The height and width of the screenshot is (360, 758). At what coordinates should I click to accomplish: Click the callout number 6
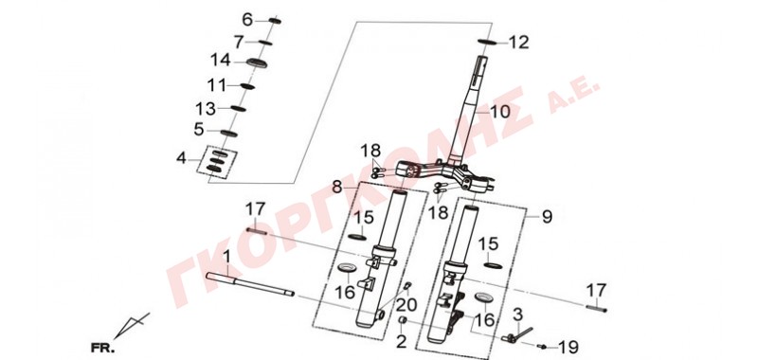[247, 20]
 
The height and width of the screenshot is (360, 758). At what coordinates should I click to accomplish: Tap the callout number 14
[221, 61]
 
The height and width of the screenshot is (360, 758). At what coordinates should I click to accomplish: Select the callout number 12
[519, 43]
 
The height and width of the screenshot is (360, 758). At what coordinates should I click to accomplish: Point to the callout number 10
[500, 112]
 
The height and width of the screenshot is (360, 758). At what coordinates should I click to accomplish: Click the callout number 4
[181, 158]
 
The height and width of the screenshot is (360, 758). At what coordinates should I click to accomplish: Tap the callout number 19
[568, 347]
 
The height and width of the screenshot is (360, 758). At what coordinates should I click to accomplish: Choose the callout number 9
[547, 217]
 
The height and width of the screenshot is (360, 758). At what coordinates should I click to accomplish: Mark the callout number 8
[337, 186]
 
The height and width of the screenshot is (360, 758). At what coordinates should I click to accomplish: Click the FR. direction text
[102, 348]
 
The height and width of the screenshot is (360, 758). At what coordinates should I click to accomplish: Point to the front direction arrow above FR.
[132, 325]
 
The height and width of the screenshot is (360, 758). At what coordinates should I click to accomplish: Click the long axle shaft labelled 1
[250, 284]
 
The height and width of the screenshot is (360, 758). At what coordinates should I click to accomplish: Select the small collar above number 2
[402, 320]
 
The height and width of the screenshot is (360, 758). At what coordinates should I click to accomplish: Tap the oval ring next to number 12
[488, 42]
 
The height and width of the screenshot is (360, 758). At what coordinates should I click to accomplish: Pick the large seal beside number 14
[257, 63]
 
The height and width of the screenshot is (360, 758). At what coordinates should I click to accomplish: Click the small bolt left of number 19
[542, 346]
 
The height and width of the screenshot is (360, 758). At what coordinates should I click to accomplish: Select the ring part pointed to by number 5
[228, 133]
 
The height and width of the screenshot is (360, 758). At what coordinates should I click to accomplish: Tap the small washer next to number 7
[265, 43]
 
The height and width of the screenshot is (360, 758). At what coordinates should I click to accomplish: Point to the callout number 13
[206, 109]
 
